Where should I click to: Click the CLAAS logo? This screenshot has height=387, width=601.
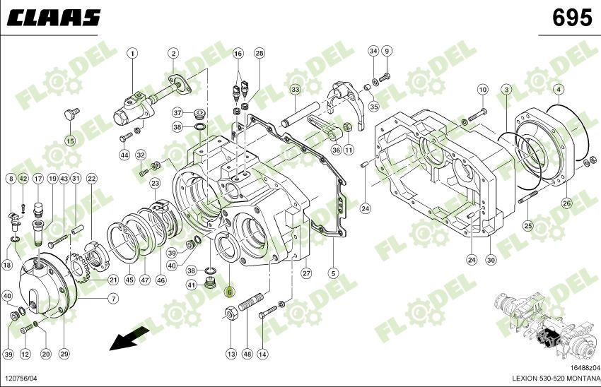(x=54, y=18)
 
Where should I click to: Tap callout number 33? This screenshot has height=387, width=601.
(x=295, y=90)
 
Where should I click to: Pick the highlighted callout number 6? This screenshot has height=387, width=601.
(x=228, y=291)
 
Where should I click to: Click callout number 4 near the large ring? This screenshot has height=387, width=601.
(x=559, y=90)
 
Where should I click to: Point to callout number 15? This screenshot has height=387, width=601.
(x=70, y=141)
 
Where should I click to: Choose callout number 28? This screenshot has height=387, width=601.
(x=259, y=54)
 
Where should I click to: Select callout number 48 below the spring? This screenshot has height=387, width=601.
(x=247, y=353)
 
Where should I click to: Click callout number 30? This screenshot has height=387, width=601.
(x=491, y=260)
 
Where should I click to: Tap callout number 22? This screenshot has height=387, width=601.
(x=91, y=179)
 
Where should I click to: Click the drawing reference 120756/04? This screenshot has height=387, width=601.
(x=21, y=379)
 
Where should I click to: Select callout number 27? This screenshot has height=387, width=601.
(x=306, y=273)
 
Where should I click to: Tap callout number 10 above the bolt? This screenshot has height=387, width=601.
(x=482, y=90)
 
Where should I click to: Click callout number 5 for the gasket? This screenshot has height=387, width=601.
(x=333, y=273)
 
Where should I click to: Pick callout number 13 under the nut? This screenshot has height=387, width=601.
(x=231, y=353)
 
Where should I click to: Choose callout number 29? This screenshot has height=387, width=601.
(x=64, y=353)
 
